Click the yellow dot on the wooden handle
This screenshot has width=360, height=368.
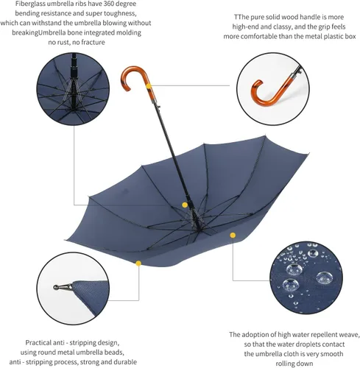coord(149,86)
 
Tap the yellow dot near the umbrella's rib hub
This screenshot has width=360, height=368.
coord(185,205)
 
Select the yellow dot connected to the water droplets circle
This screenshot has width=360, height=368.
coord(233,236)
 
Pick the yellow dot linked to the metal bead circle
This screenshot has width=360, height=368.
coord(138,263)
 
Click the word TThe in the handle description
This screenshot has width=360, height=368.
coord(240,17)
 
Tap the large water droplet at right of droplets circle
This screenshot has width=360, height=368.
coord(324,277)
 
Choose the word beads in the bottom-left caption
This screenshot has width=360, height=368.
coord(114,353)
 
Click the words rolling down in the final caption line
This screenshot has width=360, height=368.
coord(294,364)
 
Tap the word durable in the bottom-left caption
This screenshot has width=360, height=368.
coord(124,362)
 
